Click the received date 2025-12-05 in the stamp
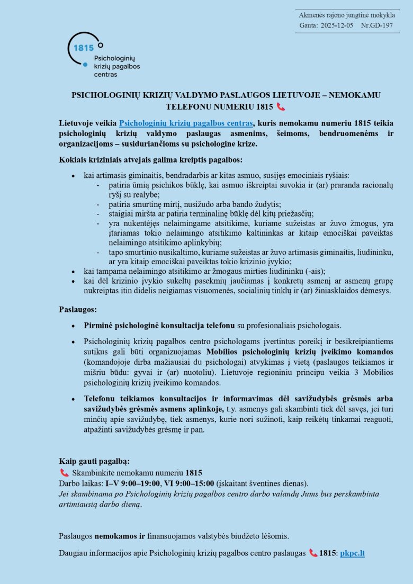point(337,25)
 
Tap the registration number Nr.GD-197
point(377,25)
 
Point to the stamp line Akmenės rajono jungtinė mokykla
point(347,15)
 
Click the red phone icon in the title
point(281,106)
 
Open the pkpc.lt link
point(352,553)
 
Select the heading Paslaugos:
point(78,309)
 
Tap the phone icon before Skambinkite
point(64,472)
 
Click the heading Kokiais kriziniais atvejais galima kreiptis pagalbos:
point(150,159)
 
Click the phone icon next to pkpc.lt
point(313,553)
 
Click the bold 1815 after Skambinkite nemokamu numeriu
point(194,472)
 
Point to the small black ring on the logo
point(101,46)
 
